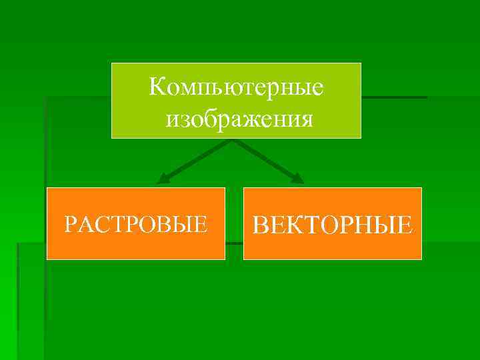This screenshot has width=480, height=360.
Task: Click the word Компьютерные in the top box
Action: pos(236,87)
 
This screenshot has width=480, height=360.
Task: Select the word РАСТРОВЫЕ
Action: pos(135,224)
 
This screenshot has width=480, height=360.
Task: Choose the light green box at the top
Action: pos(236,101)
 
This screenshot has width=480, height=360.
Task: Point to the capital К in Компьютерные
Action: pos(157,86)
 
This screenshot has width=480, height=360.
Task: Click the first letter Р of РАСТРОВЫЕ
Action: pos(69,224)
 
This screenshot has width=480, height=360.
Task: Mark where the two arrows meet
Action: pos(233,141)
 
